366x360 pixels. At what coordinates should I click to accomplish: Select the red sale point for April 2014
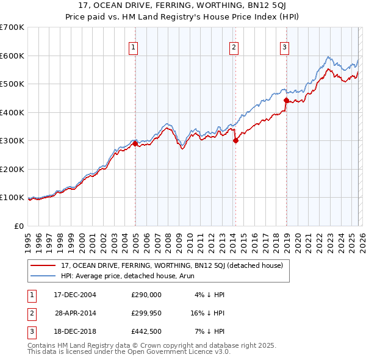(235, 140)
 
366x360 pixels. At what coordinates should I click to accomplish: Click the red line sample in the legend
(43, 266)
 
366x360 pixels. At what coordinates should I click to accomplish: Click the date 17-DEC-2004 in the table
(75, 295)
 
